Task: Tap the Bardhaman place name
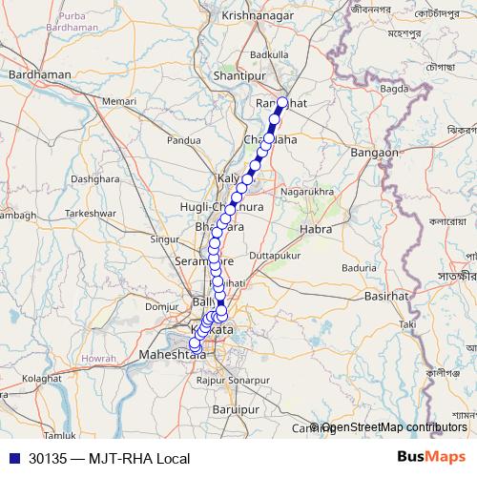[x=39, y=73]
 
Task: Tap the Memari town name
[x=119, y=100]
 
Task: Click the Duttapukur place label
[x=275, y=257]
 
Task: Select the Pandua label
[x=183, y=140]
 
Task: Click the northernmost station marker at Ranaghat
[x=282, y=102]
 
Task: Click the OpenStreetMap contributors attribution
[x=393, y=427]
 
